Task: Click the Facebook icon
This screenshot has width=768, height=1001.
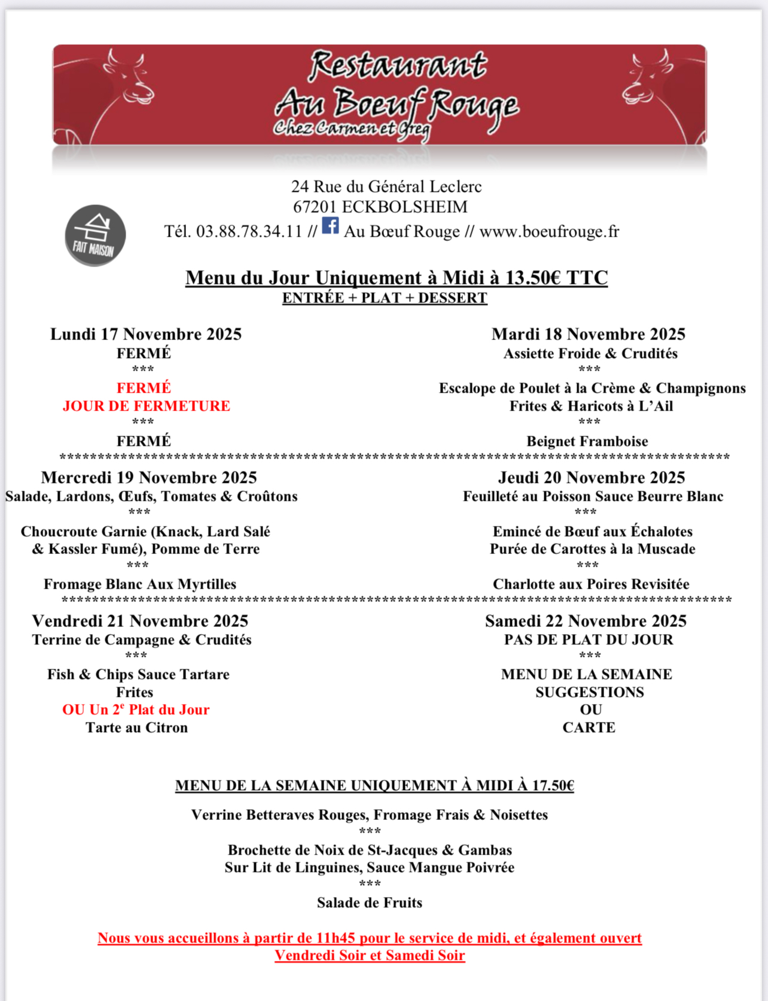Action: click(x=330, y=226)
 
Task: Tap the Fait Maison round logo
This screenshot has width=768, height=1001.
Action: click(x=95, y=235)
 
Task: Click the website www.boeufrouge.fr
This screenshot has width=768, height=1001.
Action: click(x=549, y=231)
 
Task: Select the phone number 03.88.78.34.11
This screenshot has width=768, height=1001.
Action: click(x=249, y=231)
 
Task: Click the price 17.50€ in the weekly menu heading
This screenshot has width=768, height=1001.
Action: click(x=553, y=785)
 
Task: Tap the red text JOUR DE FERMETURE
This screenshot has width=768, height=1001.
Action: click(x=147, y=406)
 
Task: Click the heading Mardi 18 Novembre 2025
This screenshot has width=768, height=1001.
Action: click(x=588, y=334)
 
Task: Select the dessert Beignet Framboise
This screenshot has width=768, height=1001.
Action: click(x=587, y=441)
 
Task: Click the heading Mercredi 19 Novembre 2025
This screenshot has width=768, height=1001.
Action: click(x=149, y=477)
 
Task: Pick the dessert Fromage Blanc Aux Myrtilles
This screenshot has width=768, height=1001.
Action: click(x=140, y=584)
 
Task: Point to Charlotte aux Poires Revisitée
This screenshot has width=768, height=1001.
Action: click(x=591, y=584)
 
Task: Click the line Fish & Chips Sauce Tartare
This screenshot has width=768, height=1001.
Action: click(x=138, y=674)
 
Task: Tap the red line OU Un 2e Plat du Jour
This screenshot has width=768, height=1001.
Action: click(x=136, y=709)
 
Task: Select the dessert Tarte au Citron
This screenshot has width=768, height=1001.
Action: click(x=136, y=727)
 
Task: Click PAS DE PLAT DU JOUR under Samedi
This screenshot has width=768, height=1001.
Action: click(x=589, y=639)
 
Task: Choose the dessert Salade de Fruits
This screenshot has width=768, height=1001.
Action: click(x=370, y=902)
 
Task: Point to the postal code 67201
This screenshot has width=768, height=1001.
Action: click(x=315, y=207)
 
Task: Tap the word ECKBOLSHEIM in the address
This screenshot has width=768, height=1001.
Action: click(x=405, y=207)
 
